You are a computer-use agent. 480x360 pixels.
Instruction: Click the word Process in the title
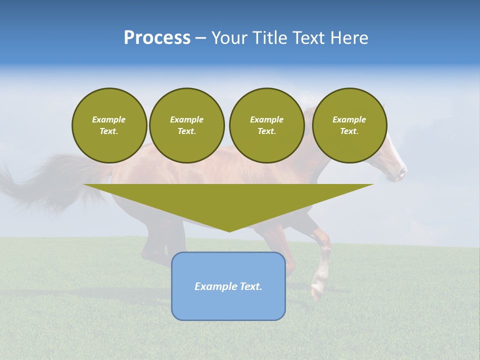tap(157, 37)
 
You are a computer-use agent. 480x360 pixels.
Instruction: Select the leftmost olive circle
tap(109, 125)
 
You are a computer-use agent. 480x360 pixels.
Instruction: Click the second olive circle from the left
tap(187, 125)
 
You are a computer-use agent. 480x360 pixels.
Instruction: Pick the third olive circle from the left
tap(267, 125)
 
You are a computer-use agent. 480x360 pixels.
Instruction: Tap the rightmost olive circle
tap(349, 125)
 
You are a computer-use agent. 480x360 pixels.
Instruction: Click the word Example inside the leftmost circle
tap(109, 119)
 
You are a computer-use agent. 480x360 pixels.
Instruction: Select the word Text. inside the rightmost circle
tap(349, 131)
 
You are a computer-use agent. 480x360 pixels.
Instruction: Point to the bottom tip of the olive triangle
tap(229, 230)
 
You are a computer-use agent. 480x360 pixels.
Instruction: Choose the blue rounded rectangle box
tap(228, 300)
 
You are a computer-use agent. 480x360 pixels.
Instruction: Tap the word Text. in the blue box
tap(250, 286)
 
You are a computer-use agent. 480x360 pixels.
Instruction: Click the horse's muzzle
tap(401, 173)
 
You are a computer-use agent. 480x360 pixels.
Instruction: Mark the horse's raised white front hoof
tap(316, 291)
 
